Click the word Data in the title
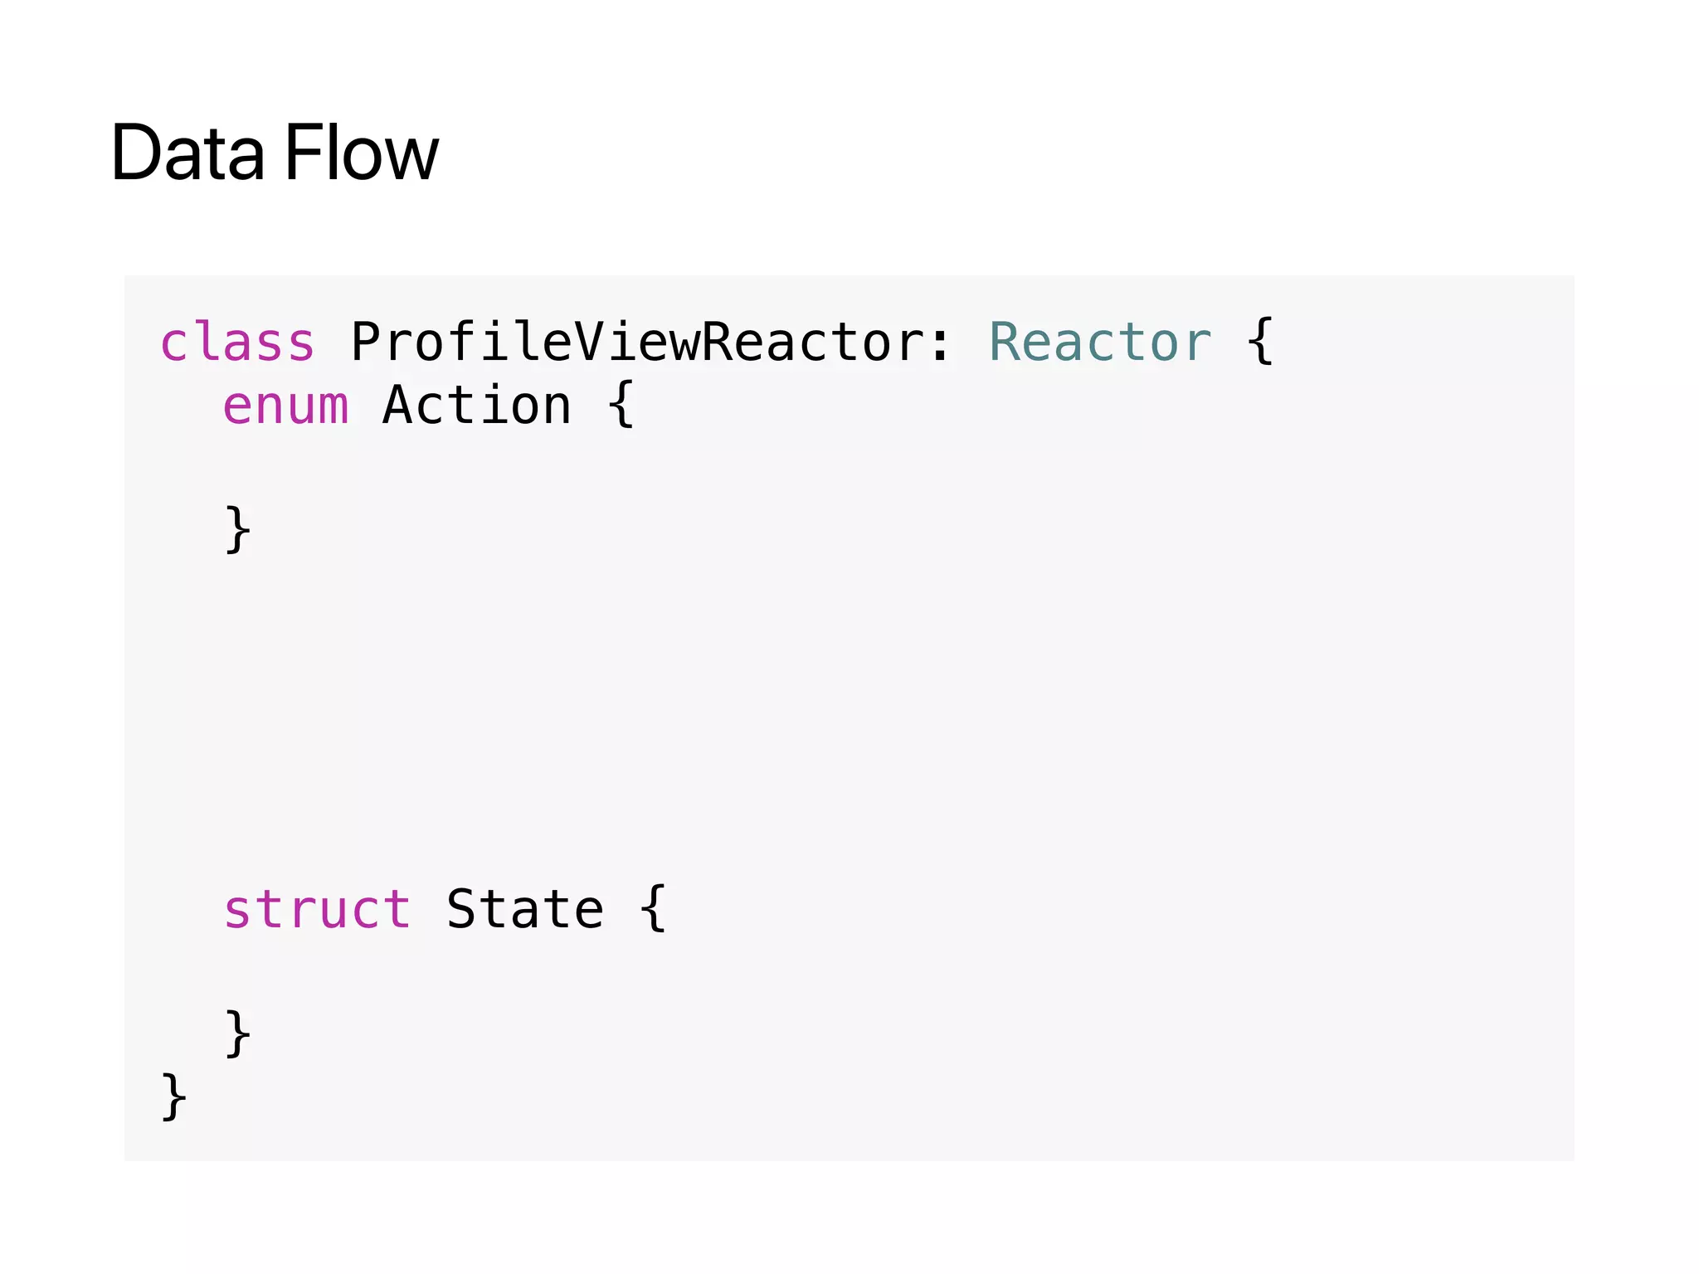click(x=187, y=153)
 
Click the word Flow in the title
click(x=362, y=153)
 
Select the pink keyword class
click(x=237, y=342)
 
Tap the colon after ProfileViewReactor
click(x=940, y=343)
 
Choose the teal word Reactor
click(x=1099, y=342)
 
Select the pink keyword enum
click(x=285, y=406)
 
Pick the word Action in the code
click(x=477, y=406)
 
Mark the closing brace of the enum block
click(x=238, y=529)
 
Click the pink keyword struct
click(x=317, y=909)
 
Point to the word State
click(x=525, y=909)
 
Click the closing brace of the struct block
click(x=238, y=1033)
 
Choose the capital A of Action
click(x=398, y=406)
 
